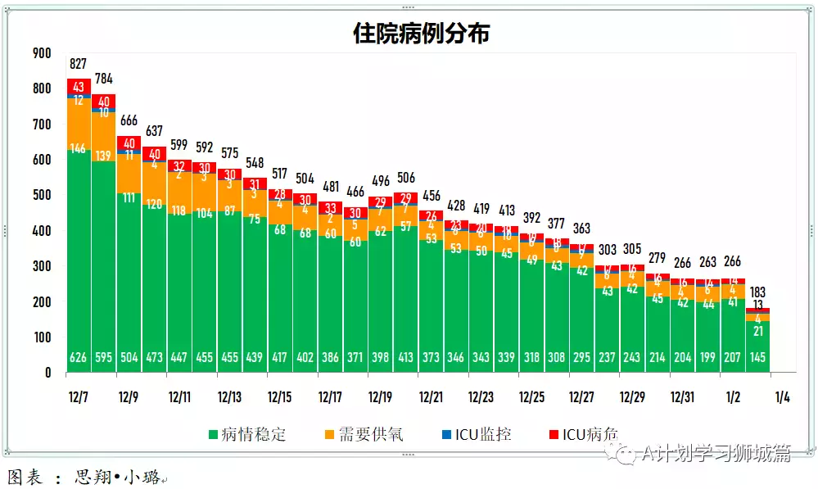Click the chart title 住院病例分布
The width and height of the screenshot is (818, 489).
[421, 33]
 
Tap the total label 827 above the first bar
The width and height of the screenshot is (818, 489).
[79, 64]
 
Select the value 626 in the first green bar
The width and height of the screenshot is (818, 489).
[79, 359]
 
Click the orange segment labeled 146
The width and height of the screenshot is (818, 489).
[79, 148]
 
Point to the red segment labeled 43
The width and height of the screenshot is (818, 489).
[79, 87]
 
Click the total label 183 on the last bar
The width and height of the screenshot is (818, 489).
[757, 292]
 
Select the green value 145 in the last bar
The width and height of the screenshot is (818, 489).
[757, 359]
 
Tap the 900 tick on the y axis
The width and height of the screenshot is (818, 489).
[41, 53]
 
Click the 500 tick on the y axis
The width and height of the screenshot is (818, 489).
[41, 195]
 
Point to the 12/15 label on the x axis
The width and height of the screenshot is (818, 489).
[279, 397]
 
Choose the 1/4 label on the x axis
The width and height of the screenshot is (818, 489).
[782, 397]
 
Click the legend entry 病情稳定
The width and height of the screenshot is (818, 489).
[246, 434]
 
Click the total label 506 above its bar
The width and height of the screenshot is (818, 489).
[405, 178]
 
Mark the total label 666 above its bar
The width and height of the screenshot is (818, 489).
[129, 120]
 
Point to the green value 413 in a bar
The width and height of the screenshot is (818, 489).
[405, 359]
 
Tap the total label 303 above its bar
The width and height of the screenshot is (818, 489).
[607, 250]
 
